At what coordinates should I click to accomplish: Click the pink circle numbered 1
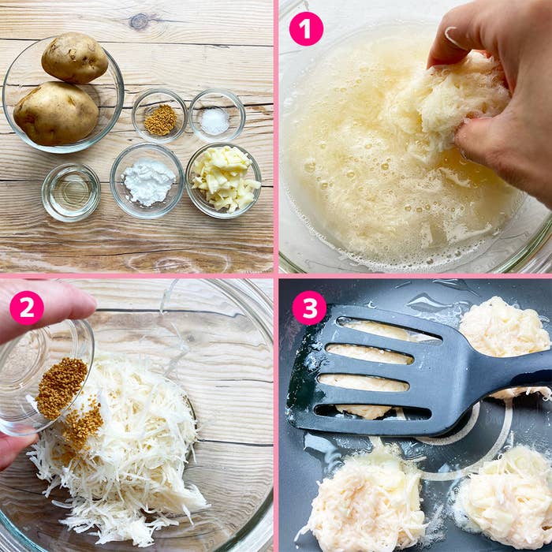click(306, 29)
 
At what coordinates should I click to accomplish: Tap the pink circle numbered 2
click(27, 308)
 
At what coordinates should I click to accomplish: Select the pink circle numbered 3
click(309, 308)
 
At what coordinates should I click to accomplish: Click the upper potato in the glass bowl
click(75, 58)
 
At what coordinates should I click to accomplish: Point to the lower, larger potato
click(56, 114)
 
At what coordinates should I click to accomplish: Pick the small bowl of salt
click(217, 115)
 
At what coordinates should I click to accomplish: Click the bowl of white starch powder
click(147, 181)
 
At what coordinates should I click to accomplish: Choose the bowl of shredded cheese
click(223, 180)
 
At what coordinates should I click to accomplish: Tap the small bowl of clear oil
click(71, 192)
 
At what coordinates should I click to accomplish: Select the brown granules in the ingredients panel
click(161, 120)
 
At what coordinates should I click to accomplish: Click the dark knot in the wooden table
click(140, 21)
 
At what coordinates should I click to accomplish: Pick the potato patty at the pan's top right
click(504, 327)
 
